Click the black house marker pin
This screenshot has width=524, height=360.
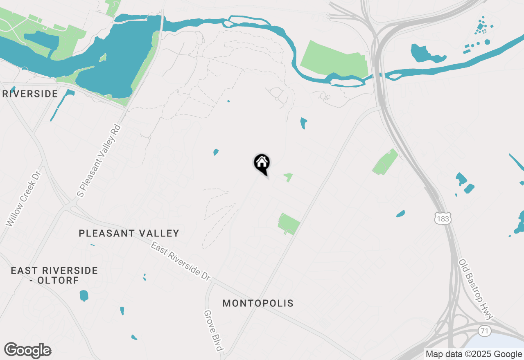[x=262, y=163]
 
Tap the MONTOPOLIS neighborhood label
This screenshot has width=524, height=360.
[x=258, y=303]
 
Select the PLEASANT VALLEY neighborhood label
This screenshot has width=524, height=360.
[x=129, y=233]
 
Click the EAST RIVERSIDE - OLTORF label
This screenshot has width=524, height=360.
[x=54, y=275]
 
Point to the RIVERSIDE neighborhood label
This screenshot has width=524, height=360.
[x=30, y=94]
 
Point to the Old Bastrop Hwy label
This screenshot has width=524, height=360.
[x=476, y=289]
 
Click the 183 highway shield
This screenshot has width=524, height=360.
[x=443, y=219]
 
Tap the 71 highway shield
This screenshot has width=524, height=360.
[x=485, y=331]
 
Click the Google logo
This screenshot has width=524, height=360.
[x=27, y=351]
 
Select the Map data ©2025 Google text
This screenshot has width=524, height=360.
[x=474, y=354]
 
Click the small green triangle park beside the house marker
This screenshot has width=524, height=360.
[x=289, y=176]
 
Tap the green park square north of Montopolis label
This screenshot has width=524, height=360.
[x=289, y=223]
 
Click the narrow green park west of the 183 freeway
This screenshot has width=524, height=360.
[x=385, y=162]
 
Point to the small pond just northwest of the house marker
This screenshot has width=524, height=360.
[x=216, y=152]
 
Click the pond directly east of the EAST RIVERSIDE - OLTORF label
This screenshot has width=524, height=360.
[x=84, y=295]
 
